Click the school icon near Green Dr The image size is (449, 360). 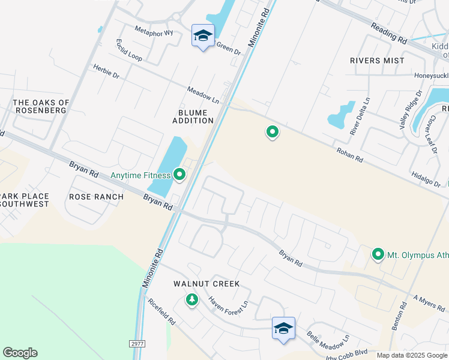[x=203, y=35]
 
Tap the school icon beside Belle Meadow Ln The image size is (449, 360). [x=283, y=328]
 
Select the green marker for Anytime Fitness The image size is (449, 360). [x=179, y=175]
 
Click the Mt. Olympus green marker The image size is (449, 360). [x=378, y=255]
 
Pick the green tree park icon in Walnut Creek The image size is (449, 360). [x=192, y=299]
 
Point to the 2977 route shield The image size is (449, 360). [x=137, y=343]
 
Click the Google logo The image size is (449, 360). [x=20, y=353]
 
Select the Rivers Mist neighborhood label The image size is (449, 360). [x=378, y=61]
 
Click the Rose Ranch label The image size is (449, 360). [x=96, y=196]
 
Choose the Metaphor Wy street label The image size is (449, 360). [x=154, y=32]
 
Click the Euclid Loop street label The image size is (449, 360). [x=129, y=50]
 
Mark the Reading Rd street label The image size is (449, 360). [x=389, y=32]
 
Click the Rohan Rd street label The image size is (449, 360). [x=350, y=155]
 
